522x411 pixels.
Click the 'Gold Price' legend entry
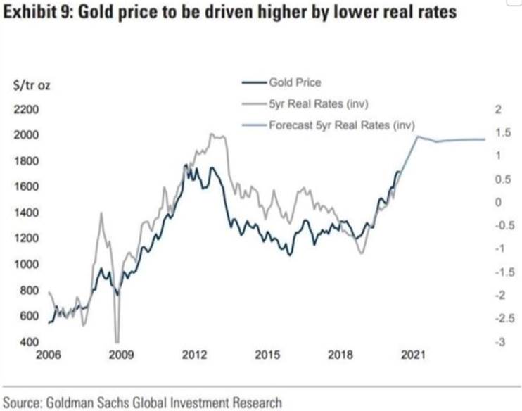[294, 82]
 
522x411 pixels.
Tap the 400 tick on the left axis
[22, 342]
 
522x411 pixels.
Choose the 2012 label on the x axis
[194, 355]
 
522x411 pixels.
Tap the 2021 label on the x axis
[413, 355]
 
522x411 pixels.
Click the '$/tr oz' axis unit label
[32, 87]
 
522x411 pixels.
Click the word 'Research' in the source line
[255, 403]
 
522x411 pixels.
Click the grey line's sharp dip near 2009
[118, 341]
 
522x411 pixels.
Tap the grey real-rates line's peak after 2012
[214, 134]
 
